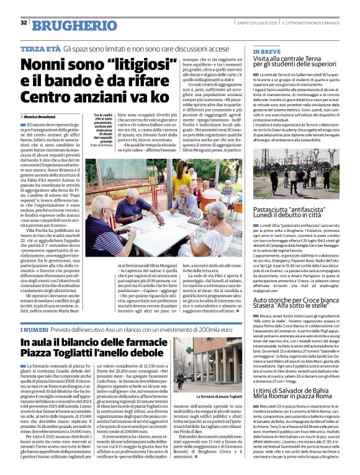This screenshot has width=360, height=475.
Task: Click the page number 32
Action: point(24,23)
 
